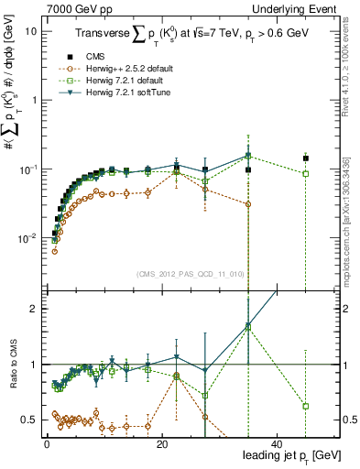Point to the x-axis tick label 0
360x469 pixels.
(47, 443)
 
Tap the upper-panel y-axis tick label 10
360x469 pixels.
(30, 30)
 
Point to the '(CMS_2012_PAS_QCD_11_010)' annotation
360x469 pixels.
(191, 274)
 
